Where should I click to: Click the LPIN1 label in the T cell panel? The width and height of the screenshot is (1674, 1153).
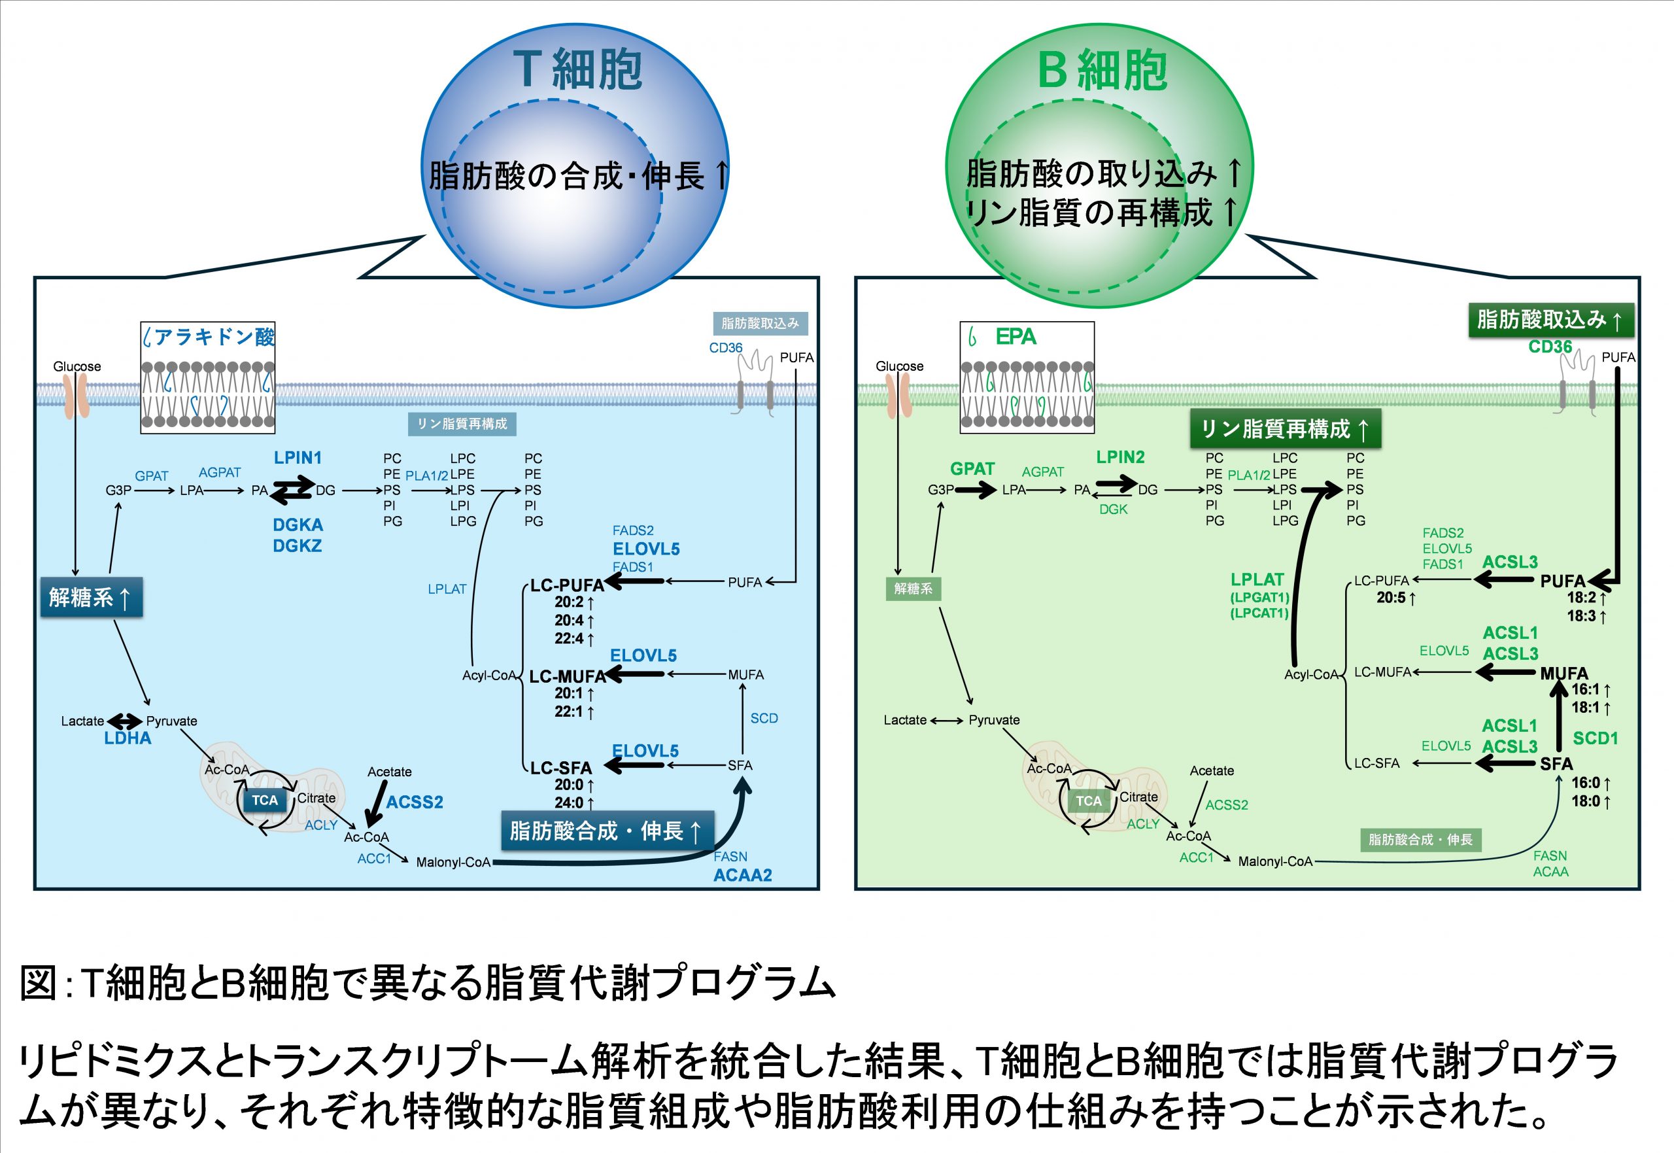coord(298,457)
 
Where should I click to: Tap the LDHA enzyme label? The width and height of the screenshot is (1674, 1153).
coord(127,738)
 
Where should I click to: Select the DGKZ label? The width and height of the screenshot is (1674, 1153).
coord(298,545)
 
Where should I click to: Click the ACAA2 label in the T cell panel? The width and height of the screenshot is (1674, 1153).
coord(742,875)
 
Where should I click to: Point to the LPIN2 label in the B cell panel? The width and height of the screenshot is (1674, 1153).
coord(1120,456)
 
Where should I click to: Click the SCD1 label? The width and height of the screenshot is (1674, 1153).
coord(1596,738)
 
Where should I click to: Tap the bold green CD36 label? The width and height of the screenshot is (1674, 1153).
coord(1550,347)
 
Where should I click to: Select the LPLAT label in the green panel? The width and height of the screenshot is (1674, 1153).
coord(1257,579)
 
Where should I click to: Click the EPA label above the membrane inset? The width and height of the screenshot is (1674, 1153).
coord(1016,337)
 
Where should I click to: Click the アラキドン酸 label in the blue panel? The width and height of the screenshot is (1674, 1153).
coord(214,337)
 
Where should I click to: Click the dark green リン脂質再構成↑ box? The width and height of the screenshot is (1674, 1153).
coord(1286,429)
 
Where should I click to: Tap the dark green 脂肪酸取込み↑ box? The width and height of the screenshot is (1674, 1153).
coord(1551,320)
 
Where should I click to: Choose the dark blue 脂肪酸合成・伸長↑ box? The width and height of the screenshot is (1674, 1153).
coord(607,831)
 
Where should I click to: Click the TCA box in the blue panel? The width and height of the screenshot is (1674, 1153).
coord(265,800)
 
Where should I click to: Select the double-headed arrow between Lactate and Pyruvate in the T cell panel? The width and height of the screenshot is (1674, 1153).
coord(125,721)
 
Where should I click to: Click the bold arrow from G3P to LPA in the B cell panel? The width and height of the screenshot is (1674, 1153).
coord(976,490)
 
